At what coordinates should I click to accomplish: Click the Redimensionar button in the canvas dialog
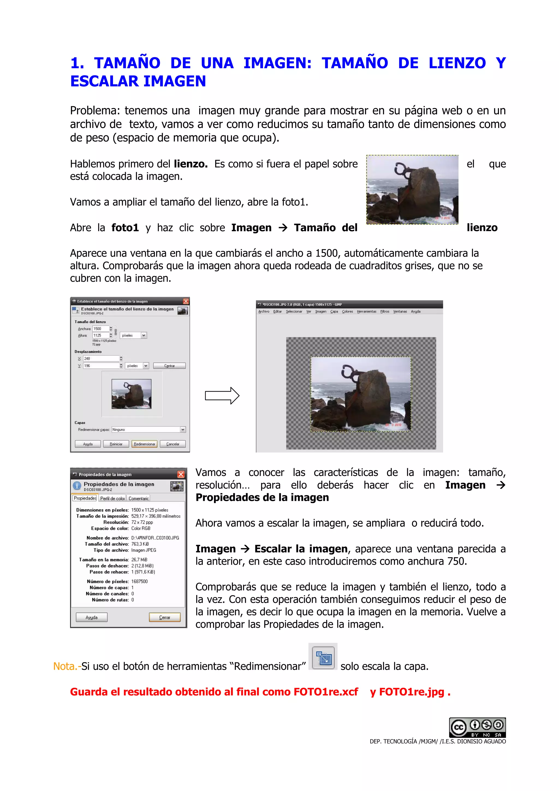[x=144, y=444]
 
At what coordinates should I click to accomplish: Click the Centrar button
[x=169, y=366]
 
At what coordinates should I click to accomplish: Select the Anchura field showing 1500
[x=100, y=329]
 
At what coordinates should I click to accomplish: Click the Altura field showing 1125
[x=100, y=335]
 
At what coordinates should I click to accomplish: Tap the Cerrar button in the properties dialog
[x=165, y=617]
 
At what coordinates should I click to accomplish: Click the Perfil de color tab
[x=112, y=498]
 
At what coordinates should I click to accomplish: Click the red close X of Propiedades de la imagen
[x=181, y=474]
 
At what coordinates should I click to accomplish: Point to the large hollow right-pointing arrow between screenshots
[x=222, y=395]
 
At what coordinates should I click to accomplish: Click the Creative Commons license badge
[x=477, y=727]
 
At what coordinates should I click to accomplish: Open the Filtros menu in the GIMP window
[x=385, y=311]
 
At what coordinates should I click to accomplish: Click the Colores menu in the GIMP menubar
[x=347, y=311]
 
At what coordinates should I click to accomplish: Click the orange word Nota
[x=66, y=666]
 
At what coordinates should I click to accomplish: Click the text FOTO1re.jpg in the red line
[x=412, y=692]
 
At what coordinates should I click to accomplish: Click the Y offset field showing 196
[x=101, y=366]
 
